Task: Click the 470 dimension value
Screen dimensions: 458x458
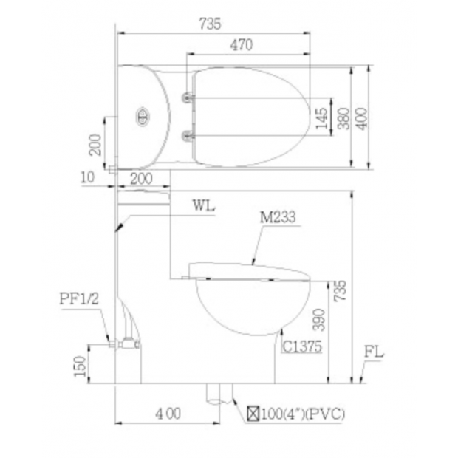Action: (x=242, y=45)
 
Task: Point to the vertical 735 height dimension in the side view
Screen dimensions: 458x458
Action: (x=341, y=290)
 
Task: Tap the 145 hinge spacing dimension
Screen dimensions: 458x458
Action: (x=321, y=118)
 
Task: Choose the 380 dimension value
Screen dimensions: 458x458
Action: (x=343, y=118)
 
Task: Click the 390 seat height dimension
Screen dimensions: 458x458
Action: (x=318, y=320)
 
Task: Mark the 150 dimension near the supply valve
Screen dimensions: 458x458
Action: (x=80, y=366)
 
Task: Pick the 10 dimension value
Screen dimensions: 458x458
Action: (x=88, y=177)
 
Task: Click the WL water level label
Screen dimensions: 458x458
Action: (x=204, y=205)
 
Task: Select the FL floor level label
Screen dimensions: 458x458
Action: (x=374, y=352)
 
